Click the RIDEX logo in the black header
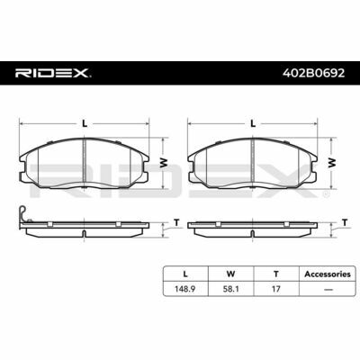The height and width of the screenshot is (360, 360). [x=53, y=73]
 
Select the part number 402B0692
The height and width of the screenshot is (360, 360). [x=313, y=73]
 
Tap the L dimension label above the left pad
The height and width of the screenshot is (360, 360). [x=85, y=123]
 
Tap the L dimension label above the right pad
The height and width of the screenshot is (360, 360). [x=253, y=123]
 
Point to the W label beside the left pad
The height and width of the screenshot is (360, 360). [x=164, y=163]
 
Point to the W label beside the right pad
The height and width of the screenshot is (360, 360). [x=332, y=163]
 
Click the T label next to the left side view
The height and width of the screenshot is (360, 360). [x=176, y=222]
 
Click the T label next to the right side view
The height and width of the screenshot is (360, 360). [x=345, y=222]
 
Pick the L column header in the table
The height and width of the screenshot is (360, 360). [x=185, y=274]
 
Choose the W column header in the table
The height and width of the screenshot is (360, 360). [x=230, y=274]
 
